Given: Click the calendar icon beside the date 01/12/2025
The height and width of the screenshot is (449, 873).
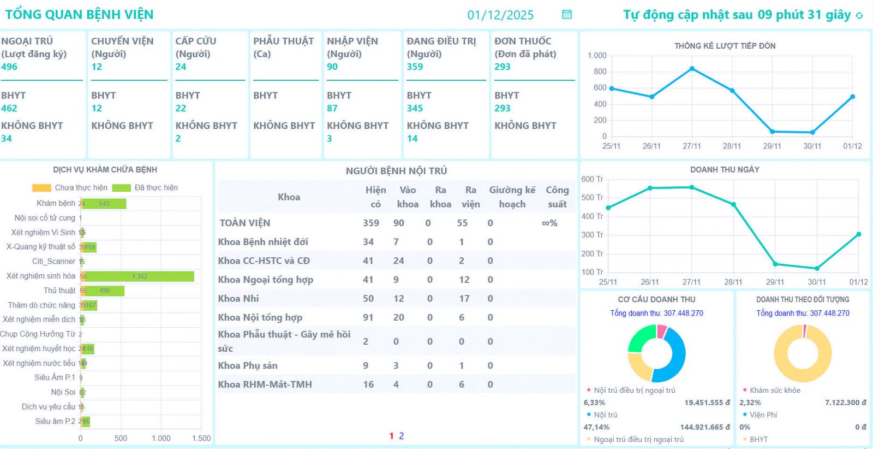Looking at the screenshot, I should click(x=567, y=15).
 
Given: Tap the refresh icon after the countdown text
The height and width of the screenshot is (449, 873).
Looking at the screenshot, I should click(x=859, y=16).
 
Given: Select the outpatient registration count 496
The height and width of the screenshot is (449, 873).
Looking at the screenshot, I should click(x=9, y=67).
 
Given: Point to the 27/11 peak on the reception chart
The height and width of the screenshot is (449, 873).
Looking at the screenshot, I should click(x=692, y=69).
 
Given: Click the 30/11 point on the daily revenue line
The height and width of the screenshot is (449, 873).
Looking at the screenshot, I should click(x=817, y=268).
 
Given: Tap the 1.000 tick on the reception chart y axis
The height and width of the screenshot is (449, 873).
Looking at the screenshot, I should click(x=597, y=56).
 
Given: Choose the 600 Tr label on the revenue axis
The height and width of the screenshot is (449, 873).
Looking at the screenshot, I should click(x=592, y=179).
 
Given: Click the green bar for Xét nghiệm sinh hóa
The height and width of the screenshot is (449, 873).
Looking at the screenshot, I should click(x=140, y=276).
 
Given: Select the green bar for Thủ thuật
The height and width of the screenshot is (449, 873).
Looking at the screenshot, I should click(x=105, y=291).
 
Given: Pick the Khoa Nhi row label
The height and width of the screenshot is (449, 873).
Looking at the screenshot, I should click(x=238, y=299).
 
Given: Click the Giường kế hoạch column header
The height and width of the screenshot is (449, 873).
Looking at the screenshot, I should click(x=512, y=197).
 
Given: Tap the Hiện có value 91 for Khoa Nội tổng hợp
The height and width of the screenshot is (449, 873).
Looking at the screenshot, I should click(x=368, y=317).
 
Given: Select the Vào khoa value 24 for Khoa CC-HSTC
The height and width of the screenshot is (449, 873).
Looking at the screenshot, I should click(x=399, y=261).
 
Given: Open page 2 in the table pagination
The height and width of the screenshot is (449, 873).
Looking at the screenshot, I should click(x=402, y=436).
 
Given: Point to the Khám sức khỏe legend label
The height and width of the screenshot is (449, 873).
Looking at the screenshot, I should click(x=775, y=391).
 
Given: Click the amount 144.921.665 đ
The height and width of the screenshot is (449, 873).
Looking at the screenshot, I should click(x=704, y=427).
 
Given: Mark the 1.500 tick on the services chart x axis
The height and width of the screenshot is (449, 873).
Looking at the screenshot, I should click(x=201, y=438).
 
